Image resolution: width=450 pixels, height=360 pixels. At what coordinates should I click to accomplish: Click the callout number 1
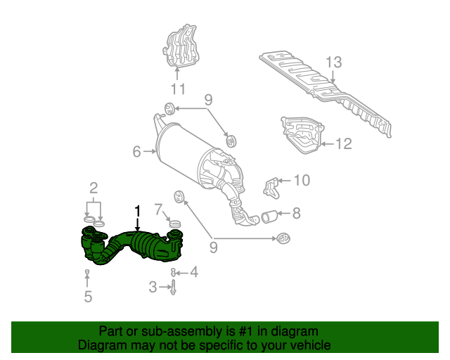(x=138, y=210)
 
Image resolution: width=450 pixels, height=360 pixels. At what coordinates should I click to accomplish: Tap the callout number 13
(x=333, y=61)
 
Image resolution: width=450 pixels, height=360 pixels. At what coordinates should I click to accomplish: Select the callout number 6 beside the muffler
(x=137, y=150)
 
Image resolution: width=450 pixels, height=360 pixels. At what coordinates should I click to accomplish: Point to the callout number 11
(x=176, y=89)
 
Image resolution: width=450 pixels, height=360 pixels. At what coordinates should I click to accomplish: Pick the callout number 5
(x=88, y=297)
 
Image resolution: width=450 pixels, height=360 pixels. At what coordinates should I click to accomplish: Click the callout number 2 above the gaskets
(x=93, y=187)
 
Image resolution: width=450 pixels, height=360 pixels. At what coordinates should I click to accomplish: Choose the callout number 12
(x=343, y=144)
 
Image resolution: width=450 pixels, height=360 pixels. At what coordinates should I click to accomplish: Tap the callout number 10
(x=301, y=180)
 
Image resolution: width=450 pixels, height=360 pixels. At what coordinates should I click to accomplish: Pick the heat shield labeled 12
(x=302, y=135)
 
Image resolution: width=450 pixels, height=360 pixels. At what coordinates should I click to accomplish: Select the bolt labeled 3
(x=173, y=286)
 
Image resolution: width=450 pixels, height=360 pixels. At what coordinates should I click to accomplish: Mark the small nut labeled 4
(x=173, y=271)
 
